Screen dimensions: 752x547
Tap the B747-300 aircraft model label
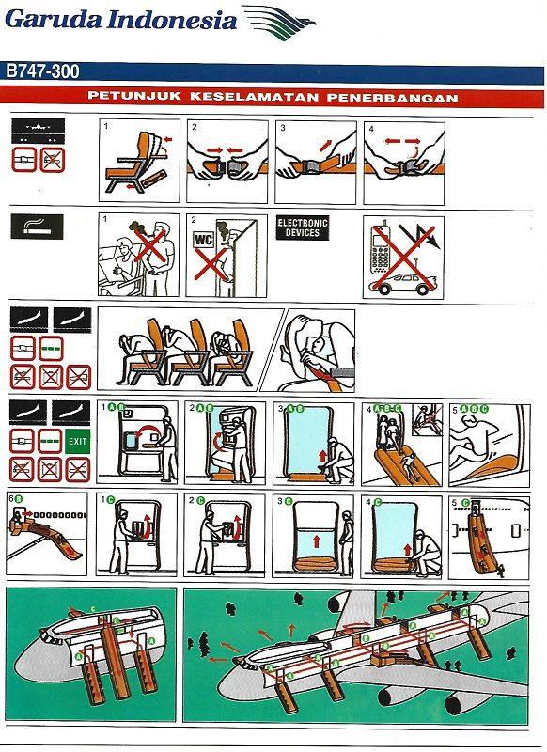[x=44, y=70]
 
